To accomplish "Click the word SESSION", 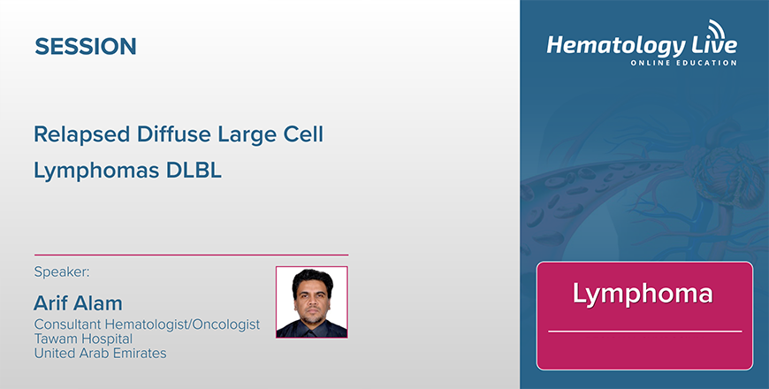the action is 86,46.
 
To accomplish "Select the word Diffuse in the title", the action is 173,133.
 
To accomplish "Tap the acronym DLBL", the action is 194,171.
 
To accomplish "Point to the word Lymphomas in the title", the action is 96,172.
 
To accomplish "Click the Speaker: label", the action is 62,271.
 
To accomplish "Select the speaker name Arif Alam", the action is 78,303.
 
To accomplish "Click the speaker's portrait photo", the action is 312,302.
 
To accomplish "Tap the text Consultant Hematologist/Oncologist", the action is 147,324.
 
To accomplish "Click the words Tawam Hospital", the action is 83,339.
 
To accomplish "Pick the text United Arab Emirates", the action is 100,353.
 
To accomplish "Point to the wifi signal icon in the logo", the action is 717,28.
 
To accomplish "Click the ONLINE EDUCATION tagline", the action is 683,63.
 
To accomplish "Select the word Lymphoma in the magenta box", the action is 643,294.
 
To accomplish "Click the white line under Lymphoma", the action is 644,332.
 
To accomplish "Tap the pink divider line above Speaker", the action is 191,256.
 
